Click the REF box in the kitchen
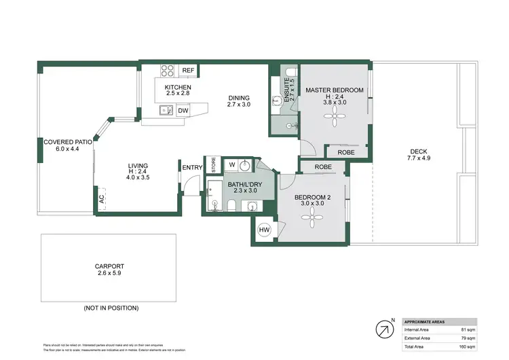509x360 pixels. point(188,71)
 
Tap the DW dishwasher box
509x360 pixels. point(183,111)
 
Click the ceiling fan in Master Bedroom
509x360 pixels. point(334,118)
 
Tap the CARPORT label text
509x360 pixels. point(109,266)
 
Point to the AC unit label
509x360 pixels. point(101,199)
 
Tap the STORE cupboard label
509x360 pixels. point(213,165)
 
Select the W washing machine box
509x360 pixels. point(231,165)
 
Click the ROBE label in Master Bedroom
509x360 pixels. point(345,152)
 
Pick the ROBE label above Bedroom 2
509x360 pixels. point(323,166)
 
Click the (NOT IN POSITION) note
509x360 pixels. point(111,308)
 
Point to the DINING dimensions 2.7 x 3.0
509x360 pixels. point(238,105)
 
